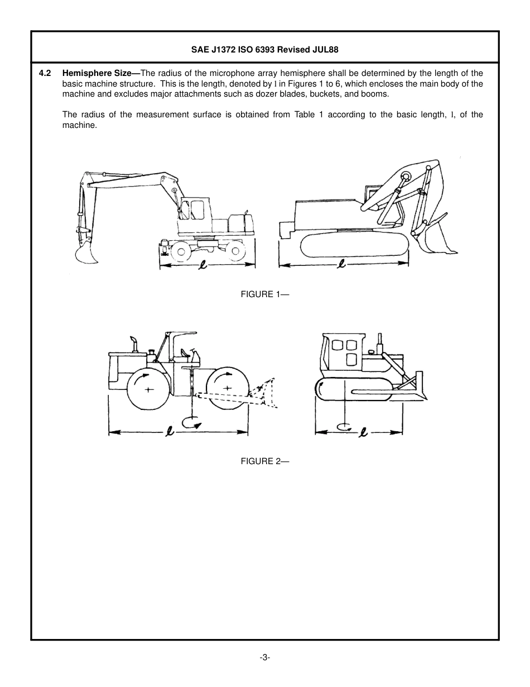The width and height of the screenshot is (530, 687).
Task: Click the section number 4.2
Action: (46, 73)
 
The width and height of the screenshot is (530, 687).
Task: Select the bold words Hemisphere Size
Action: (100, 73)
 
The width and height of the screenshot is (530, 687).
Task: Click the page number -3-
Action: (264, 657)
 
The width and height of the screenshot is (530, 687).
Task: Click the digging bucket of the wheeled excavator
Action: (86, 255)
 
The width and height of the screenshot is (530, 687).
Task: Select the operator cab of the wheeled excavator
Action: (195, 211)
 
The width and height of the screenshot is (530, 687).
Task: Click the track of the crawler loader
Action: (354, 245)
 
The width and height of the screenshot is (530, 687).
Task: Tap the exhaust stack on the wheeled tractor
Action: (133, 343)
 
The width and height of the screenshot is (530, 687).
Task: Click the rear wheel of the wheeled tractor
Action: (147, 390)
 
